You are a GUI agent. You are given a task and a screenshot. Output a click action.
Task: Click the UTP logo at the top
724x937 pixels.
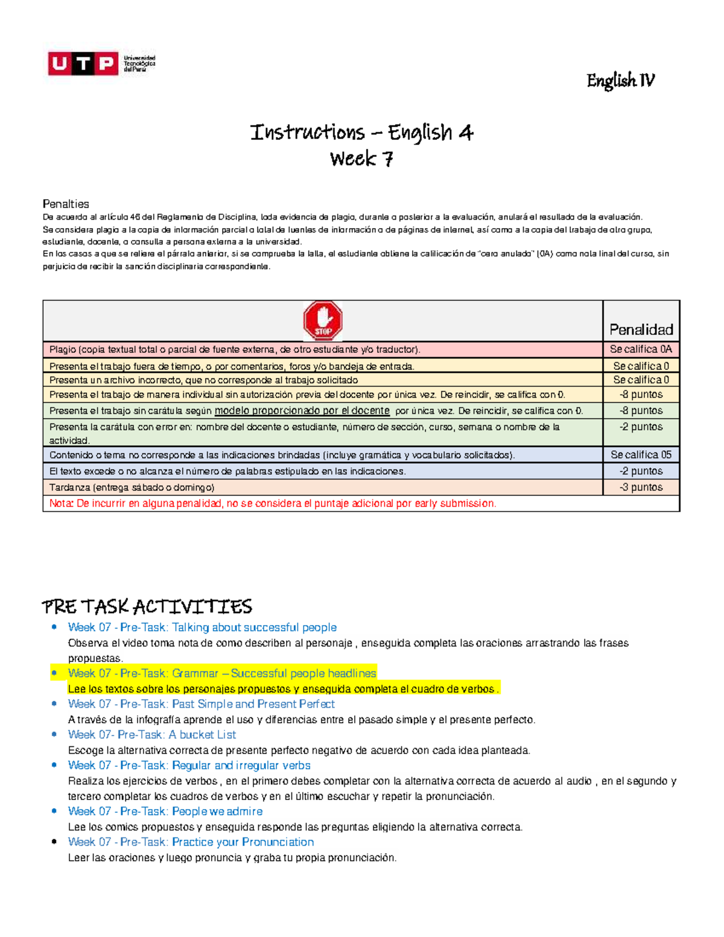click(101, 63)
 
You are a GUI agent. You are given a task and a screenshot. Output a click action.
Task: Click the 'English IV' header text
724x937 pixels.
click(620, 80)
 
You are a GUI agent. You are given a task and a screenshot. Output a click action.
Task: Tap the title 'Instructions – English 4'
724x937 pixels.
click(361, 132)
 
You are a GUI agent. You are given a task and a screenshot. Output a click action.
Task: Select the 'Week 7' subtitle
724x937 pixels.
click(361, 159)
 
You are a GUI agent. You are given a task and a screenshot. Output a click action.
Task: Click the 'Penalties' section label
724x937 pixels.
click(66, 204)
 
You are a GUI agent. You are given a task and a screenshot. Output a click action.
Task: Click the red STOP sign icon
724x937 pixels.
click(323, 321)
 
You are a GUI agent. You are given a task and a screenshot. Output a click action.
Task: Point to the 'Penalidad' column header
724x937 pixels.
click(641, 329)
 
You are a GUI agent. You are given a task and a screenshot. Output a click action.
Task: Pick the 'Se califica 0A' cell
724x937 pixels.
click(641, 349)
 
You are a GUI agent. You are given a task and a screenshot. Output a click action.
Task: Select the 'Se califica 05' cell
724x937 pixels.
click(641, 455)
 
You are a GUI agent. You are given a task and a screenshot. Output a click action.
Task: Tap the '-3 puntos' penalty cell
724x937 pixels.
click(641, 488)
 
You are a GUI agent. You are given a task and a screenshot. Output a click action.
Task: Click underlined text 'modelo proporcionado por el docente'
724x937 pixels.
click(302, 411)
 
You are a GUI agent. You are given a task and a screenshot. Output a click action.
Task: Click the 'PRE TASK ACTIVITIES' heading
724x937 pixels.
click(147, 606)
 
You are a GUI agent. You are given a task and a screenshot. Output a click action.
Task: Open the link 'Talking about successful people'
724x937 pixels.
click(202, 627)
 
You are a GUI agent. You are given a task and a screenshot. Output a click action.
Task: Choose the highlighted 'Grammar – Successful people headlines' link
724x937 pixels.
click(222, 673)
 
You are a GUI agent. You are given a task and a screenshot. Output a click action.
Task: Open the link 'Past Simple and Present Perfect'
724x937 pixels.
click(202, 704)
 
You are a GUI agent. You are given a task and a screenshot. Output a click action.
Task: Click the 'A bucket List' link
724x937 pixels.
click(152, 735)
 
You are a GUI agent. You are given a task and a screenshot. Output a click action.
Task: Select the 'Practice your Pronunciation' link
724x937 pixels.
click(191, 842)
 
